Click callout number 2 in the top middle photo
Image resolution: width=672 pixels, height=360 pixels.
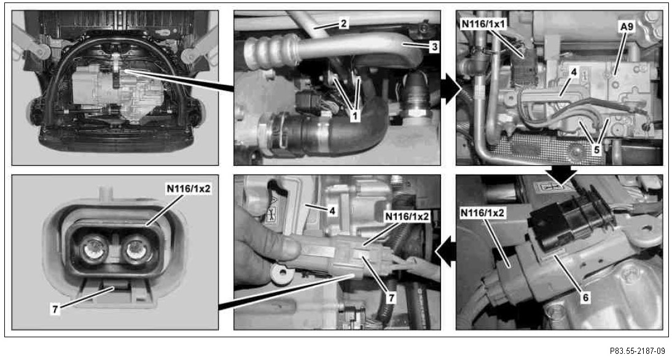343,23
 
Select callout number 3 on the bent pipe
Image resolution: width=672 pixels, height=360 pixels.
434,47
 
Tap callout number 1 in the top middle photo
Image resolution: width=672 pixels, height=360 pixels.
355,115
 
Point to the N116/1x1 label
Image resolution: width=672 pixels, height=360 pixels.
483,23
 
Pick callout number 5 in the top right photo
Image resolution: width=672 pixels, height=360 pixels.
596,149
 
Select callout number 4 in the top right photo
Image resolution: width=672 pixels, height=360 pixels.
574,72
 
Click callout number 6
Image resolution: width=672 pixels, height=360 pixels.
585,297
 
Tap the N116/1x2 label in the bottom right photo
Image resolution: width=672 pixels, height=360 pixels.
483,213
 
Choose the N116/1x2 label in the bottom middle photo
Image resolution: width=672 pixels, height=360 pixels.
407,216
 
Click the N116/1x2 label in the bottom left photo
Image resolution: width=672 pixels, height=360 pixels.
189,189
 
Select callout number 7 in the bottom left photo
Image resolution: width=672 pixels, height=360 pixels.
55,308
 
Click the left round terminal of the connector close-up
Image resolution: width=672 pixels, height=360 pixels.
94,250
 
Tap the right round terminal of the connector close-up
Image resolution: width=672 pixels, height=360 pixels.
136,250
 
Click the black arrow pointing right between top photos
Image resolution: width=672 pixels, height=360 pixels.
451,88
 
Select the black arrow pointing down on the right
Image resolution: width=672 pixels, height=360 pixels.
561,174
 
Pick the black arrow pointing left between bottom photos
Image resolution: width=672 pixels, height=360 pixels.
445,251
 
